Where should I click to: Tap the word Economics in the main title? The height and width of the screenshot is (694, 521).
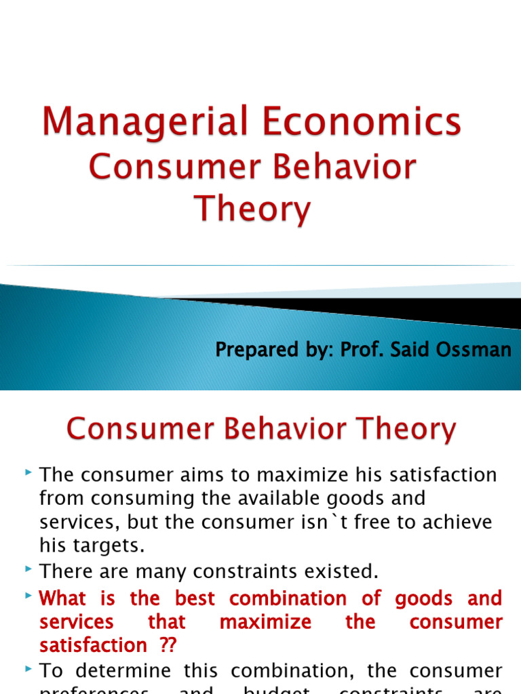[360, 123]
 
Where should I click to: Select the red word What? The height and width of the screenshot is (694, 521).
[63, 598]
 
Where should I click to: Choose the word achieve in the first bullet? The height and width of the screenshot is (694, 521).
[459, 523]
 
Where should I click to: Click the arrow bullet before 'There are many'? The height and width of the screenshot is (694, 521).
[28, 570]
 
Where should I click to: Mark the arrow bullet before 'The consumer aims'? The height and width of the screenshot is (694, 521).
[28, 472]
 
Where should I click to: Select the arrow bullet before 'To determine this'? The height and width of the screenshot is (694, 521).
[28, 669]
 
